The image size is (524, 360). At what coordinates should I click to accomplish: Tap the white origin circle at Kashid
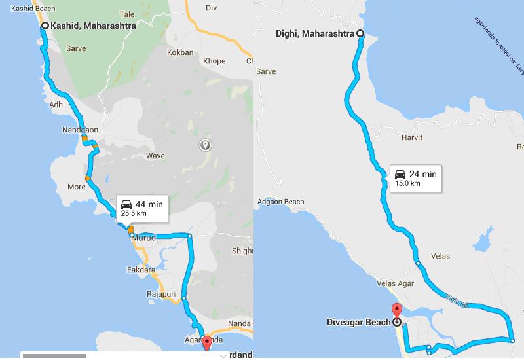[45, 26]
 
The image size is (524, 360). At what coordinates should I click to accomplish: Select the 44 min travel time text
[149, 205]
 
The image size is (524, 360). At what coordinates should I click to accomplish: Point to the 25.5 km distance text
[134, 213]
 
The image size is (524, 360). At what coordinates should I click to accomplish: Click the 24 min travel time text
[423, 174]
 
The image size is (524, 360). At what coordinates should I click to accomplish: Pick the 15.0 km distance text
[407, 183]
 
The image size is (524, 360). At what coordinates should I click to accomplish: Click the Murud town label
[143, 238]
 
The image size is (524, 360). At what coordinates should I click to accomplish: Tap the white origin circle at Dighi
[360, 33]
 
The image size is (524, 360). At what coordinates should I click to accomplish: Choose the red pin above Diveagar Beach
[396, 310]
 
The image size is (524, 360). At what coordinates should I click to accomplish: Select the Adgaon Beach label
[281, 202]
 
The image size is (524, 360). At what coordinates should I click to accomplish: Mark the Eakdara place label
[141, 269]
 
